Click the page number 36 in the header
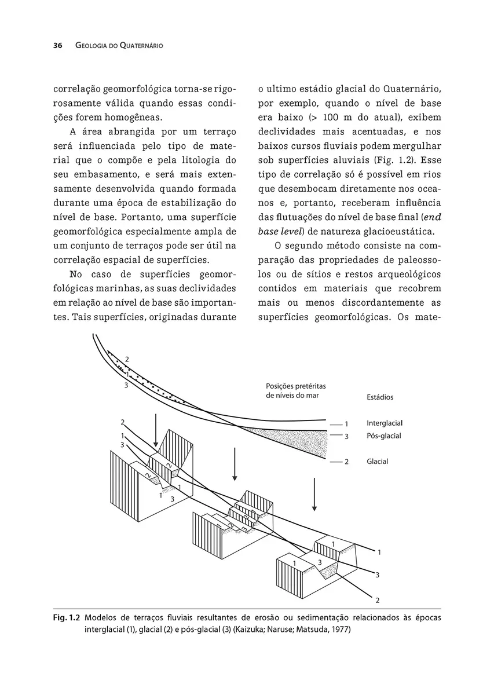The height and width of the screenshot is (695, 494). [57, 46]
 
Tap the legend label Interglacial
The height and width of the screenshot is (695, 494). [385, 423]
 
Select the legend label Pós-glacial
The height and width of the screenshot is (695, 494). [384, 436]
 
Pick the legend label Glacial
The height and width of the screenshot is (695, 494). [377, 462]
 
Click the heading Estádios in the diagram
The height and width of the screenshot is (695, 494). [380, 397]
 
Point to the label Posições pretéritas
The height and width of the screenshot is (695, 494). [295, 386]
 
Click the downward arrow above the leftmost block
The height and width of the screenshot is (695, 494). [156, 429]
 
